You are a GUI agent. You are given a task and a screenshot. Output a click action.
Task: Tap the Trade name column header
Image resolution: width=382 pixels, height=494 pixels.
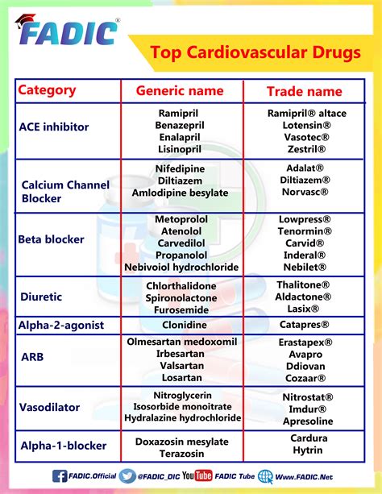click(304, 91)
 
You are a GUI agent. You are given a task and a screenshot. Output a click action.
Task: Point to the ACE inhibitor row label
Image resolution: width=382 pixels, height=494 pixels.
click(54, 127)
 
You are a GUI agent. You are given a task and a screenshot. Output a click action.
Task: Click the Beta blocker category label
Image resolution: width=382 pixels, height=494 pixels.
click(52, 239)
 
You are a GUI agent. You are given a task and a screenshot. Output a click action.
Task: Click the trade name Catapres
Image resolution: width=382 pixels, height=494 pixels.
click(305, 326)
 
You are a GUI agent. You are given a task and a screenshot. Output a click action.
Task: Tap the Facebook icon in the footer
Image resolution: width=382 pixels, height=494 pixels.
click(60, 476)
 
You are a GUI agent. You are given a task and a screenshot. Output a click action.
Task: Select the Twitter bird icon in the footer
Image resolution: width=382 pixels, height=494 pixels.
click(127, 476)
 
